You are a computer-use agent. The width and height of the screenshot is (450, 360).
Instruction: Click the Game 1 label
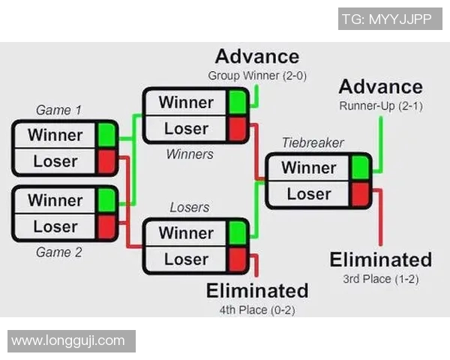58,110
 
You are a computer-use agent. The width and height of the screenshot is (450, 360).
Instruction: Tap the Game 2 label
58,252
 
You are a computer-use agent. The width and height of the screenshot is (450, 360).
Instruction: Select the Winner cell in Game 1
55,135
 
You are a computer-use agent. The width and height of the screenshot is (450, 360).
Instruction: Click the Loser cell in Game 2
55,226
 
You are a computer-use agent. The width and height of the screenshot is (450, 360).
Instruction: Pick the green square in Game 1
106,135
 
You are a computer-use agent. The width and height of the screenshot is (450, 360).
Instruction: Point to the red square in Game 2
106,226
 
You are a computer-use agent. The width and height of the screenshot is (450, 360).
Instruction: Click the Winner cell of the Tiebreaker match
308,167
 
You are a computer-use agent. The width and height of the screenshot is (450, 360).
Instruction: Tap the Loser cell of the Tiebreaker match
308,193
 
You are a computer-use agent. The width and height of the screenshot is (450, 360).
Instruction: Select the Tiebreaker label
313,142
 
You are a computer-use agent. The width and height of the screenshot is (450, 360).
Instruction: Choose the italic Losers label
189,207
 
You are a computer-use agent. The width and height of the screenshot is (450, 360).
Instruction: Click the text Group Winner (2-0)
257,76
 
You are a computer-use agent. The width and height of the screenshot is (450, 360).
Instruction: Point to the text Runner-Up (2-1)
380,106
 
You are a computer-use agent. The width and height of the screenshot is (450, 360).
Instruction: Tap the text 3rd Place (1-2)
380,279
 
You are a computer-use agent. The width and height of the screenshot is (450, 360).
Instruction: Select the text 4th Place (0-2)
257,309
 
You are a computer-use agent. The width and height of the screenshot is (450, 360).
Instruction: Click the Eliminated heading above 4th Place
257,290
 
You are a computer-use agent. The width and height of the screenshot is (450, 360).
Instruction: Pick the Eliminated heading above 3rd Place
381,259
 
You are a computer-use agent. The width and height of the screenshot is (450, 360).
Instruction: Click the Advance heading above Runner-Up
380,86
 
